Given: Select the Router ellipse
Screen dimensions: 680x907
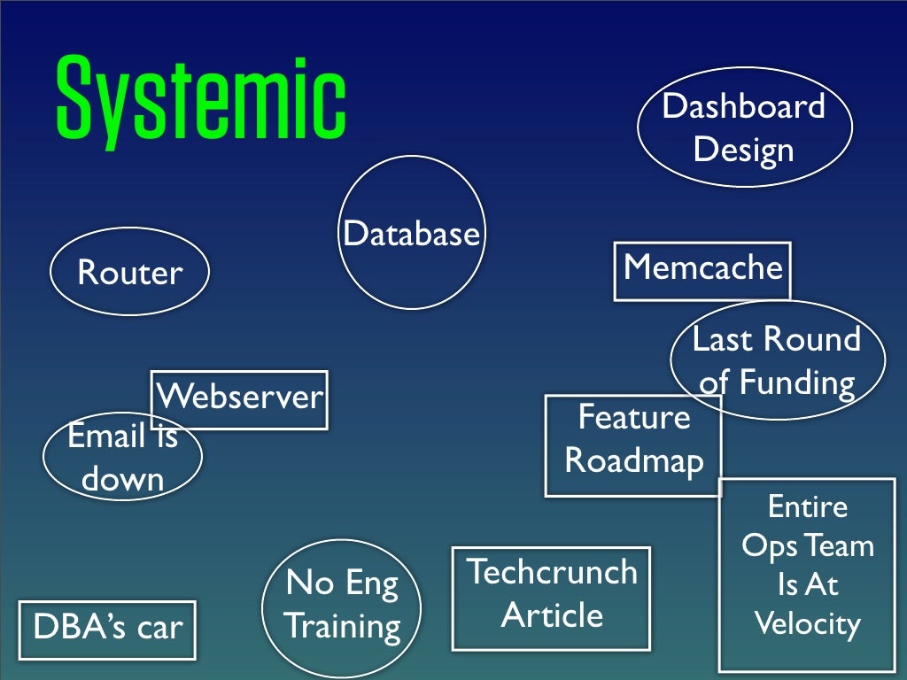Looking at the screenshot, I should pos(129,272).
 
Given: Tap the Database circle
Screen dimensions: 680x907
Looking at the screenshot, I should pos(412,233).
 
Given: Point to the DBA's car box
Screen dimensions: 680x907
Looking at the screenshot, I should pos(107,628).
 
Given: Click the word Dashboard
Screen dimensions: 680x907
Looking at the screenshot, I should pos(743,106).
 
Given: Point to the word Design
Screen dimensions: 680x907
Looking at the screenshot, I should pos(743,149).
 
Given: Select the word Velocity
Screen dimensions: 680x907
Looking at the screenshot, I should pos(807,625).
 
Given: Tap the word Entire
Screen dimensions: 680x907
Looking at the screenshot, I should pos(807,507).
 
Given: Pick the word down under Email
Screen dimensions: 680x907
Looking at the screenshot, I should pos(123,479).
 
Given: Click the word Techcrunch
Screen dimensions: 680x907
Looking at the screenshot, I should pos(551,572).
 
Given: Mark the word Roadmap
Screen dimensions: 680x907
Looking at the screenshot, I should pos(634,460).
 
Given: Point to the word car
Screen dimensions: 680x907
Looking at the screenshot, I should pos(159,628).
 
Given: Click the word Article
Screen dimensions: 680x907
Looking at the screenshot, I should pos(552,614).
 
